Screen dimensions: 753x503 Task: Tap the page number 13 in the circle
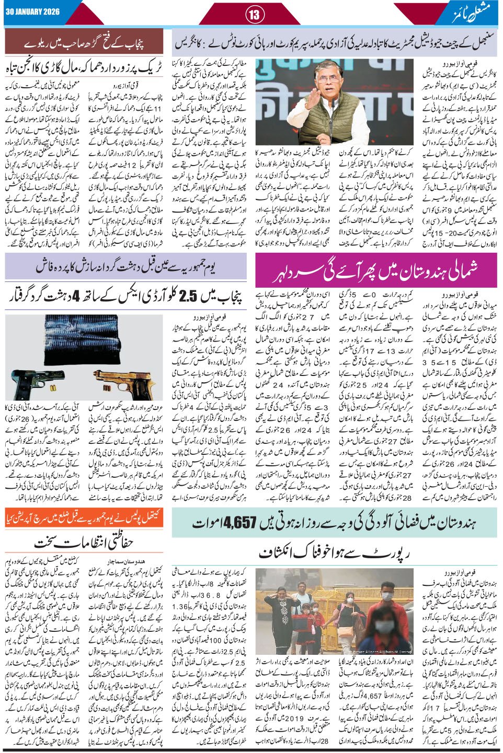(254, 15)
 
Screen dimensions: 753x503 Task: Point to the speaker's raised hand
(353, 86)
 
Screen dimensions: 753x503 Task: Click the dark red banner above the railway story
(86, 41)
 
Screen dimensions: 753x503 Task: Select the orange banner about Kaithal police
(86, 517)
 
